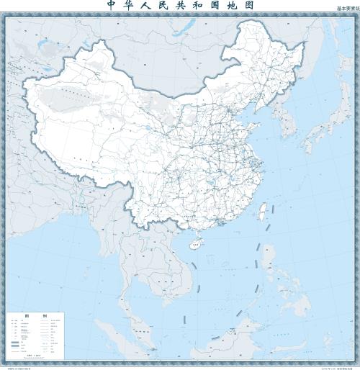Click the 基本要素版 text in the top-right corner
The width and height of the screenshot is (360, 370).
point(345,9)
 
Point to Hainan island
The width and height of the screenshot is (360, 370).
point(192,245)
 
